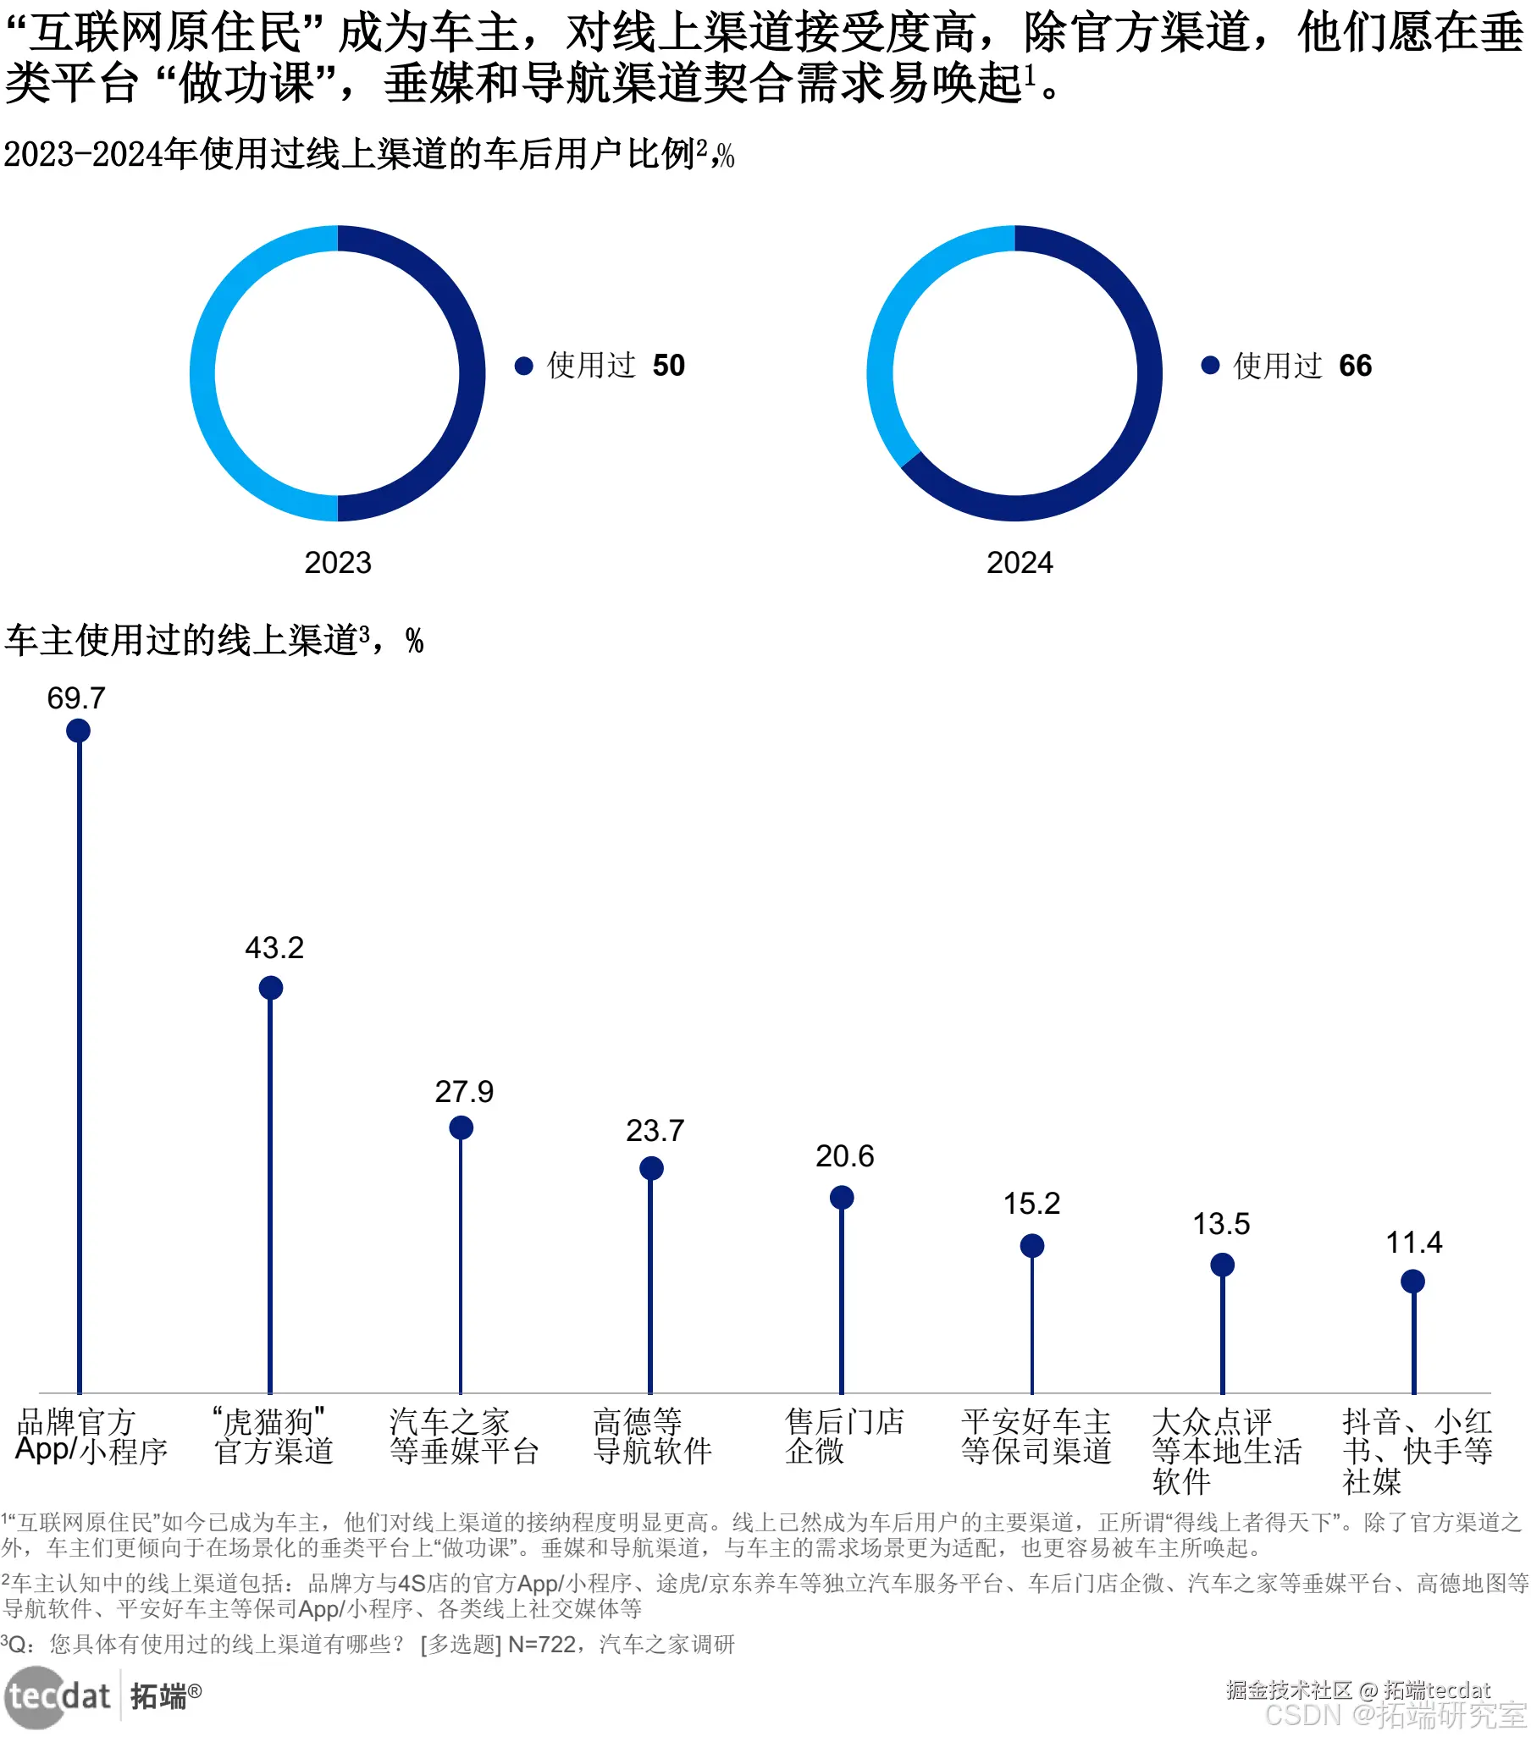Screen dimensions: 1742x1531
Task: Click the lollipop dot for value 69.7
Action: pyautogui.click(x=79, y=730)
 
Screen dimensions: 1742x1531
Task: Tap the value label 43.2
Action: pyautogui.click(x=274, y=948)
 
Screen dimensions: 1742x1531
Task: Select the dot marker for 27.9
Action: pyautogui.click(x=462, y=1127)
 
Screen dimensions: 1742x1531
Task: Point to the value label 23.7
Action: pyautogui.click(x=655, y=1131)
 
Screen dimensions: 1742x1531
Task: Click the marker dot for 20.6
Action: pyautogui.click(x=842, y=1198)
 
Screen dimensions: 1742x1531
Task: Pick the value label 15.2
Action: pyautogui.click(x=1031, y=1204)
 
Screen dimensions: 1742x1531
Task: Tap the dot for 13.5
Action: pyautogui.click(x=1223, y=1264)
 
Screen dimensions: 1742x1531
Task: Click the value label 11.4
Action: pyautogui.click(x=1413, y=1243)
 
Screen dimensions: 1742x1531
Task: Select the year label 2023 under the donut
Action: pyautogui.click(x=338, y=563)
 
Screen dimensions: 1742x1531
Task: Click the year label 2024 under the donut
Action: pyautogui.click(x=1020, y=563)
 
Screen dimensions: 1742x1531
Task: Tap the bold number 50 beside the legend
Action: pyautogui.click(x=668, y=366)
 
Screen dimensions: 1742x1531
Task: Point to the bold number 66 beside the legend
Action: pyautogui.click(x=1355, y=366)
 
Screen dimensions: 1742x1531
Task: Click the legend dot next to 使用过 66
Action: pyautogui.click(x=1209, y=366)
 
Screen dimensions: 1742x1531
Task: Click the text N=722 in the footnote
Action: pyautogui.click(x=541, y=1644)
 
